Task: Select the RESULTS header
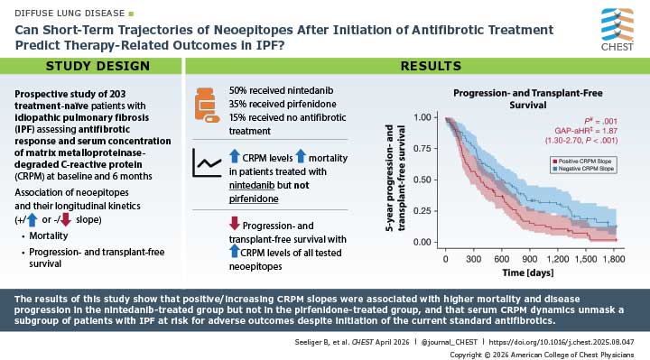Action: click(417, 67)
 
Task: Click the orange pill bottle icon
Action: click(206, 106)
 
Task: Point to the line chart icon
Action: click(207, 164)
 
